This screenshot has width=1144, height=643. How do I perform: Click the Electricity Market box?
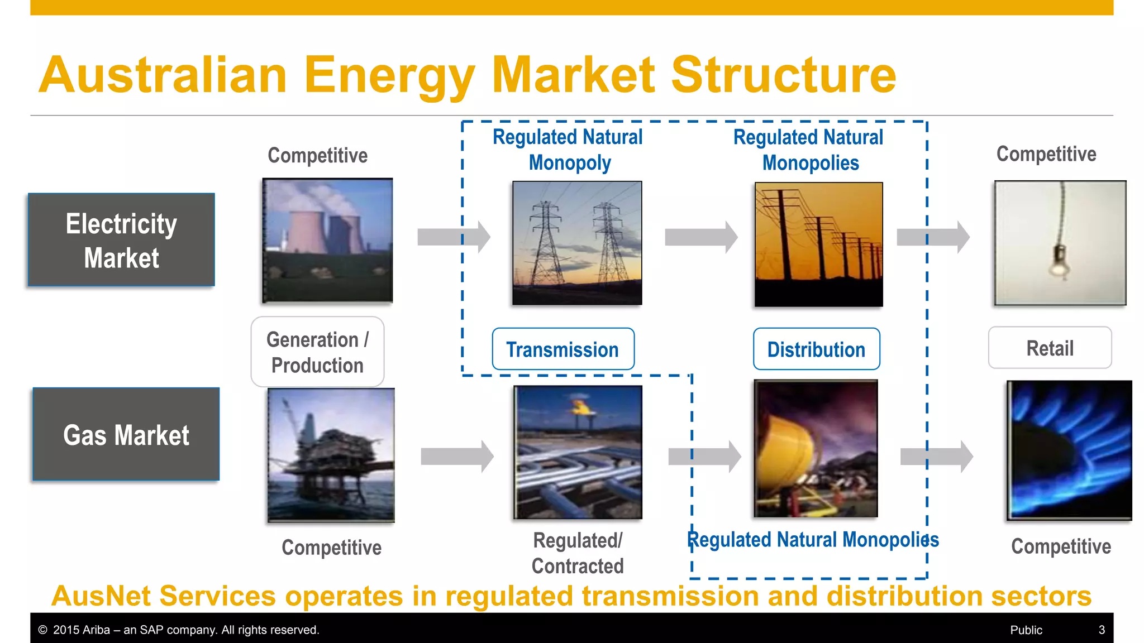point(121,240)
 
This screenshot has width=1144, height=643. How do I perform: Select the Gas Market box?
point(126,434)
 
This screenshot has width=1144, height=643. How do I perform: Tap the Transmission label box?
point(563,349)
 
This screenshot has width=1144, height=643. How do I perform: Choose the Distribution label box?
point(816,349)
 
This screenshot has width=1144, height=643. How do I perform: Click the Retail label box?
point(1050,348)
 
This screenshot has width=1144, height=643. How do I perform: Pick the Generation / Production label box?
point(317,352)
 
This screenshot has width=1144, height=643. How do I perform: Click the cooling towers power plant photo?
point(328,240)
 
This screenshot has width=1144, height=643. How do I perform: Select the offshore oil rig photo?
point(331,455)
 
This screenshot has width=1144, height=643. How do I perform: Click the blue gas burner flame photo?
point(1069,450)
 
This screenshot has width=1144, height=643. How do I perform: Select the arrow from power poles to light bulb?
point(933,237)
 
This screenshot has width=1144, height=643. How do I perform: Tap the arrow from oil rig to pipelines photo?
point(457,456)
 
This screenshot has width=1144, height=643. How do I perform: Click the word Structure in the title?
point(783,75)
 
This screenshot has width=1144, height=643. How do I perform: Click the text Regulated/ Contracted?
point(578,553)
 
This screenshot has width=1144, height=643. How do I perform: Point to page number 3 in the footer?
point(1102,630)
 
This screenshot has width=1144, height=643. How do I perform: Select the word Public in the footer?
point(1026,630)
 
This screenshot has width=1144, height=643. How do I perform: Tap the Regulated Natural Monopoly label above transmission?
point(568,150)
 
